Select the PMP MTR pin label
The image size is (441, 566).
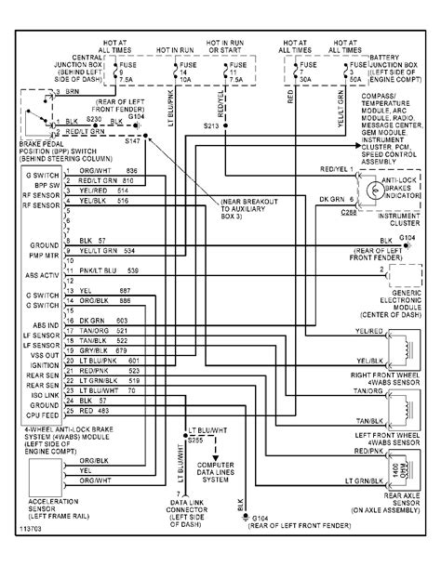coord(41,251)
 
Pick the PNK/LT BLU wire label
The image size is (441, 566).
coord(98,270)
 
